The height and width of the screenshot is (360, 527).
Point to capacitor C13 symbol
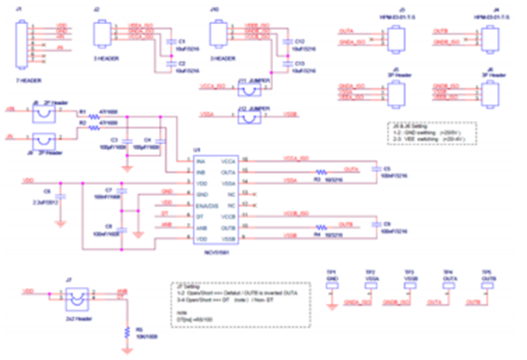click(x=286, y=62)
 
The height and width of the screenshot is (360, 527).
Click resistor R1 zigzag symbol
click(x=94, y=118)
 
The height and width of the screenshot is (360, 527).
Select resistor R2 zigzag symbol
click(x=94, y=131)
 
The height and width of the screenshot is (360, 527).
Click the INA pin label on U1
click(x=199, y=161)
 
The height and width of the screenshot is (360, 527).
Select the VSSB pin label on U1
click(x=228, y=240)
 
